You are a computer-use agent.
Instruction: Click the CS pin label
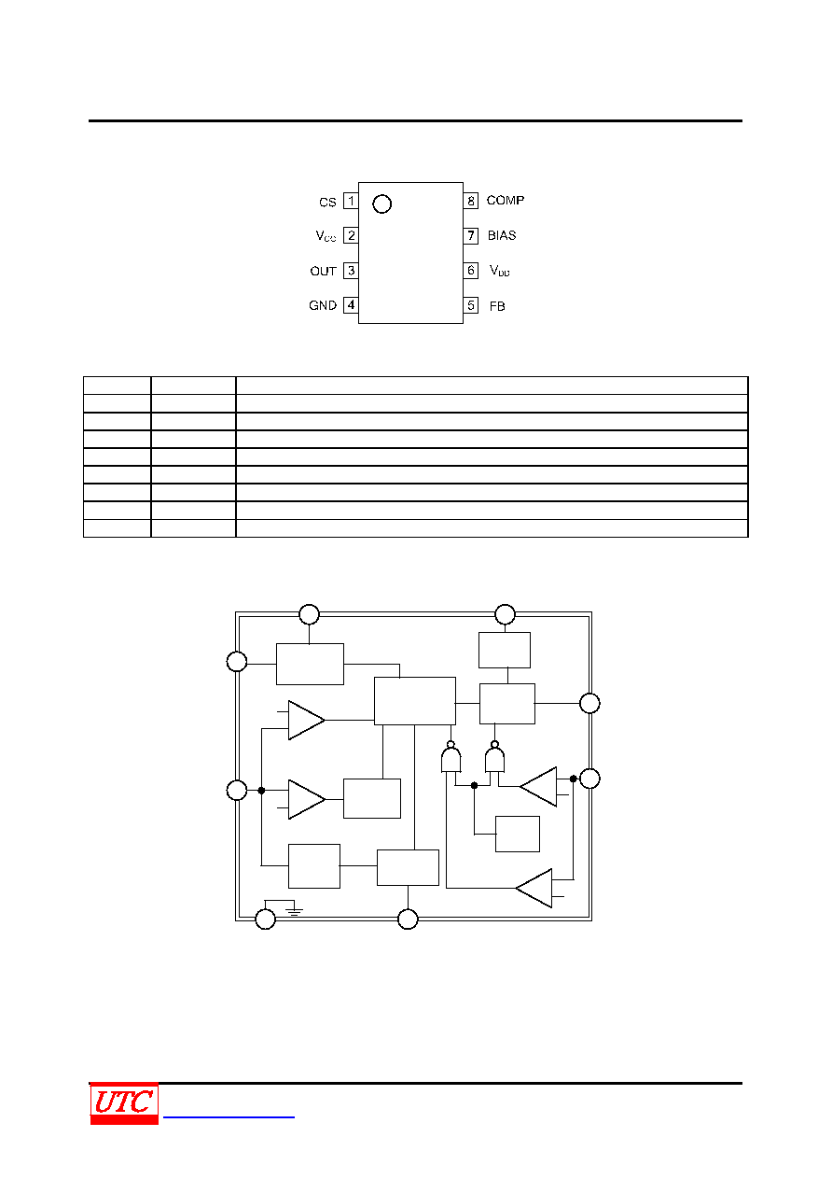(x=327, y=203)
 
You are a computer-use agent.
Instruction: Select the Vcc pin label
(x=326, y=236)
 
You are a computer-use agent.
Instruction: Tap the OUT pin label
(x=323, y=272)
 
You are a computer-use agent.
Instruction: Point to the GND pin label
(x=323, y=306)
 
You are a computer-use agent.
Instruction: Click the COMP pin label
(x=505, y=201)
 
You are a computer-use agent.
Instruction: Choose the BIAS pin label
(x=502, y=235)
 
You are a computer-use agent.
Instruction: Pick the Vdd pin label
(x=500, y=271)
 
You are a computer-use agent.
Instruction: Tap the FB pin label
(x=497, y=306)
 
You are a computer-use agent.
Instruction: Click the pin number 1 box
(x=351, y=201)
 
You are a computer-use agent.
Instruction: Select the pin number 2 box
(x=351, y=235)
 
